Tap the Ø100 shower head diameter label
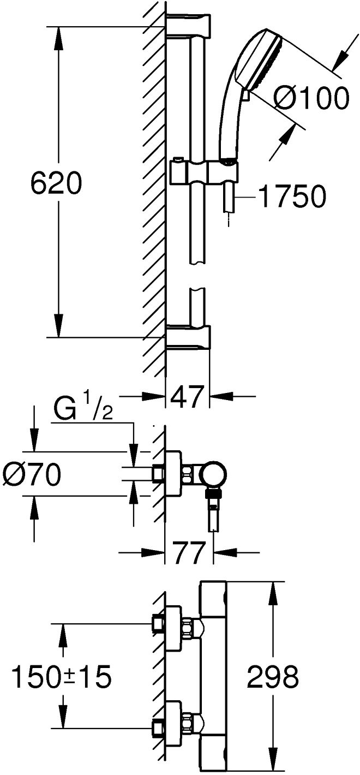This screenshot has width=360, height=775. (x=311, y=98)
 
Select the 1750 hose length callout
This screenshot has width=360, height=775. (x=292, y=196)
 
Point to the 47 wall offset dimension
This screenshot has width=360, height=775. (x=187, y=396)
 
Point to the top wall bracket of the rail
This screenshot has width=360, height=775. (x=189, y=25)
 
